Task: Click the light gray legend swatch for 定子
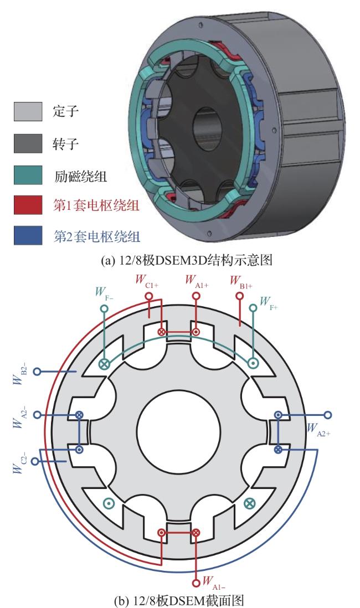click(28, 112)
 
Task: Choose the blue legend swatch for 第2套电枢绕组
click(28, 237)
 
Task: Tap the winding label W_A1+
click(197, 280)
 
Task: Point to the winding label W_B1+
click(241, 280)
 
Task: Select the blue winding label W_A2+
click(318, 429)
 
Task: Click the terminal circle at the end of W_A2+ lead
click(328, 414)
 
